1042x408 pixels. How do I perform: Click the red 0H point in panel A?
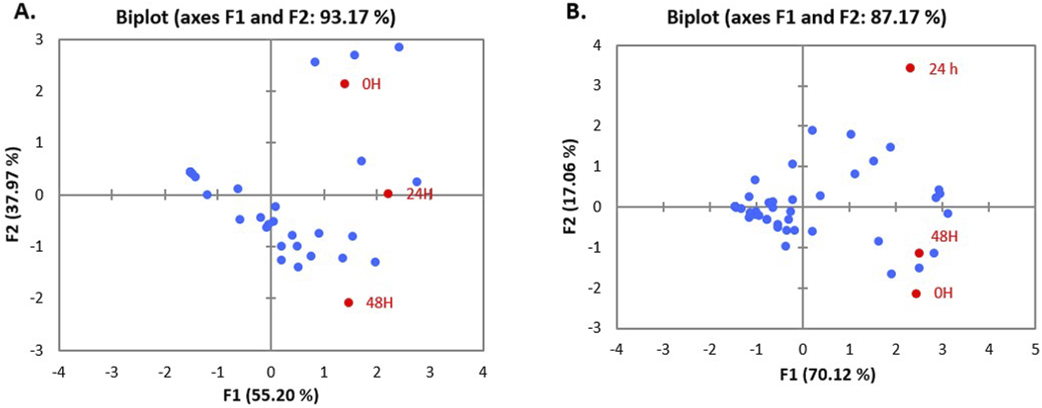tap(345, 84)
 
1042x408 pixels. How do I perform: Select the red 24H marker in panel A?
tap(388, 193)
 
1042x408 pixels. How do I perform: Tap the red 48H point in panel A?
tap(348, 303)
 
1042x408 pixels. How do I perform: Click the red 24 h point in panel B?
tap(910, 68)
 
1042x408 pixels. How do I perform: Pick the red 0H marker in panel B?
tap(916, 293)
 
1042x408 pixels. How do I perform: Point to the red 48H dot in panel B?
tap(919, 253)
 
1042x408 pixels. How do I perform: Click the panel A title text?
tap(256, 17)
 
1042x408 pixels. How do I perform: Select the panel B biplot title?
tap(806, 17)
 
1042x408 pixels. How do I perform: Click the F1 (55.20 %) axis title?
tap(270, 395)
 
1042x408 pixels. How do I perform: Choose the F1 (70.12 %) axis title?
tap(827, 374)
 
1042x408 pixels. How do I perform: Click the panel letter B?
tap(576, 11)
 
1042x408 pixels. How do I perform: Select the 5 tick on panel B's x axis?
tap(1035, 350)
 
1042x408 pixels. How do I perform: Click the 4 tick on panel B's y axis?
tap(597, 45)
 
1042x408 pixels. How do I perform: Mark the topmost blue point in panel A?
tap(399, 47)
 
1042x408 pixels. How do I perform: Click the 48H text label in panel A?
tap(379, 303)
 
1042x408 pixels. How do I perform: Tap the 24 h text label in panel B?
tap(943, 69)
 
